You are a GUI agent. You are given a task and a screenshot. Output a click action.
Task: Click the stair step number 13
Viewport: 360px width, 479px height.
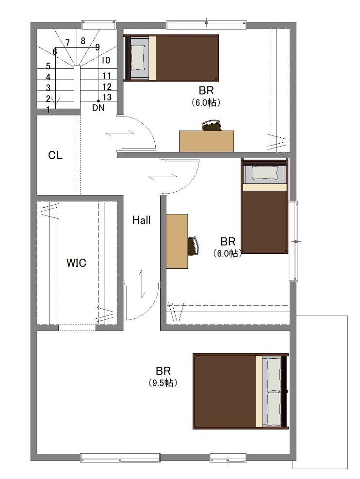tap(107, 97)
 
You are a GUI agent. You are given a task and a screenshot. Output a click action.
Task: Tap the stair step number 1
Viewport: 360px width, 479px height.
tap(48, 110)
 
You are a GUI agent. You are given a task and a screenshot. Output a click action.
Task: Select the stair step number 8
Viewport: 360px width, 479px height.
tap(83, 41)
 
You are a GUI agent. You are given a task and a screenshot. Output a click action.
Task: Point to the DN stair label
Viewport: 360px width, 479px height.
tap(98, 108)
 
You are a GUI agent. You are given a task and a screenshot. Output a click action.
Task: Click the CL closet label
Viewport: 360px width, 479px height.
tap(55, 155)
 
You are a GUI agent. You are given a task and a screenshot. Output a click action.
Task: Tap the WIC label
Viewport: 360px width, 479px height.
tap(76, 263)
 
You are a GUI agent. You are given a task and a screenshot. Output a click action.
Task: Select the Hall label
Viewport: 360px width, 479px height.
tap(141, 220)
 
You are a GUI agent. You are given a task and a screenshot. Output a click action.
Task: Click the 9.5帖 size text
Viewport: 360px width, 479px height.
tap(163, 383)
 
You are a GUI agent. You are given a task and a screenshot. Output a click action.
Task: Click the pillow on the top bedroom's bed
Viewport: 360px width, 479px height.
tap(138, 58)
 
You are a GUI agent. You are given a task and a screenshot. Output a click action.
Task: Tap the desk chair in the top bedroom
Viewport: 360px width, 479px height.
tap(212, 126)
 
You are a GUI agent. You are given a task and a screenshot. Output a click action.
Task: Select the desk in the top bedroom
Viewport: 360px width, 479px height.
tap(206, 141)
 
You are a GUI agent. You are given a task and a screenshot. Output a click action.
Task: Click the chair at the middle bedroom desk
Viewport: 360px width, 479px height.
tap(194, 246)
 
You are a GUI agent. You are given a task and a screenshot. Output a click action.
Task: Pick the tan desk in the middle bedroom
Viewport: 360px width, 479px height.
tap(177, 241)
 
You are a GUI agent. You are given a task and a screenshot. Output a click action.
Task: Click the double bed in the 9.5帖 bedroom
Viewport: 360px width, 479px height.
tap(241, 391)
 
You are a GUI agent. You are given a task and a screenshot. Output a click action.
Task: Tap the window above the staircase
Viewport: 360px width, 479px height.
tap(99, 25)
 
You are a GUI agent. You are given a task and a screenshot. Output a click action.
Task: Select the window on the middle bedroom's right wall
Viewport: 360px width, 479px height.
tap(294, 241)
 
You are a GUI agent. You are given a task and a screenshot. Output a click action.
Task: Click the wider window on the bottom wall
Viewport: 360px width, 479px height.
tap(120, 458)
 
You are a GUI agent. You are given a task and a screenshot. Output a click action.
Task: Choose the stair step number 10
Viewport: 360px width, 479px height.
tap(105, 60)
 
